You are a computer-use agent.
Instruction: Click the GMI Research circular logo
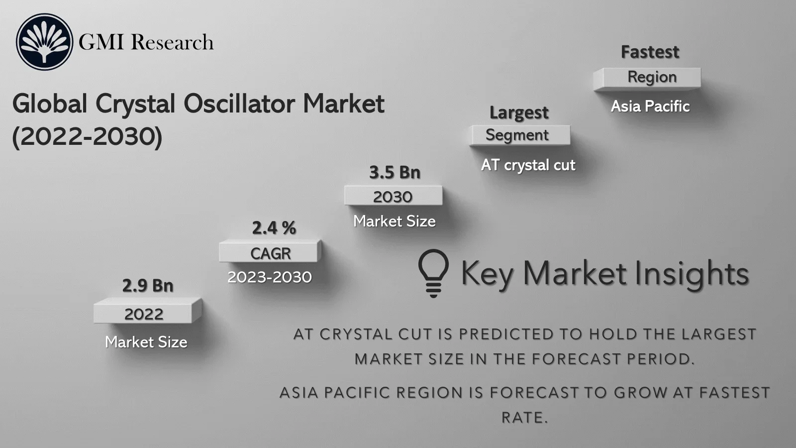[44, 42]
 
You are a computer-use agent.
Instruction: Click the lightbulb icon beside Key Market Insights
[433, 273]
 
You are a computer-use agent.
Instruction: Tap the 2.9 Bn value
[148, 286]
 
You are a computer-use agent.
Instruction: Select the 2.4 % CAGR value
[274, 228]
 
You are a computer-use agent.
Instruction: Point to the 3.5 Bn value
[395, 172]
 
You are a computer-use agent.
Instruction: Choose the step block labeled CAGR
[270, 253]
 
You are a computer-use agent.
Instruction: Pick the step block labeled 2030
[393, 197]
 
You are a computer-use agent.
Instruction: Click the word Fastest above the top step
[650, 52]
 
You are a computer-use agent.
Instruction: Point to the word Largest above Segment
[519, 112]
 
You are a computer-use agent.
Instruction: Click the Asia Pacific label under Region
[650, 106]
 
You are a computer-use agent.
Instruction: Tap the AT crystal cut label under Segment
[528, 165]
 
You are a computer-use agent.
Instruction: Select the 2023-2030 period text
[270, 277]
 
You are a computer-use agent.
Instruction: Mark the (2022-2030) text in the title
[87, 136]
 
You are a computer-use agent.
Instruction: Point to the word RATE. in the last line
[524, 417]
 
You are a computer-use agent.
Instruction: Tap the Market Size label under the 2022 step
[146, 342]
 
